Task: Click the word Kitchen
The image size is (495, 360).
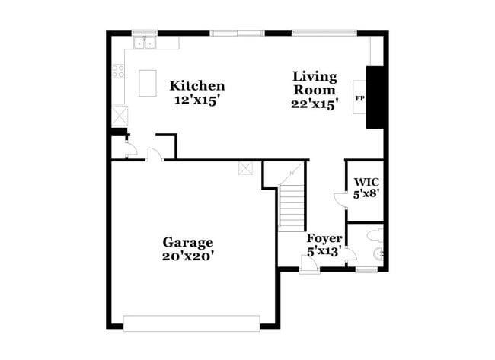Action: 196,86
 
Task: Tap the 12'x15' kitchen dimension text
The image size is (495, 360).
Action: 196,100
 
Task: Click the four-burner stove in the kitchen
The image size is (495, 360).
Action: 119,72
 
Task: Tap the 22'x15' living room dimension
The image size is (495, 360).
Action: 314,104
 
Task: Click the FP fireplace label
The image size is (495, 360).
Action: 359,99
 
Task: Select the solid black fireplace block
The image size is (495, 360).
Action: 373,97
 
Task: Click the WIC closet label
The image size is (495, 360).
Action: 366,183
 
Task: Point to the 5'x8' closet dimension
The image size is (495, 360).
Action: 366,195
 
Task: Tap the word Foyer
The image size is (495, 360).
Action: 324,238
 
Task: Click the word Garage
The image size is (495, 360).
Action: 187,242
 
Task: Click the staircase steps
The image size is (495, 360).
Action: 291,205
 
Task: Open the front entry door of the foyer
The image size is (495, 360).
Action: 310,264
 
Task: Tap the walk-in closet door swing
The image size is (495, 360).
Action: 340,200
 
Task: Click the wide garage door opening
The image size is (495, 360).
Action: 192,322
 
